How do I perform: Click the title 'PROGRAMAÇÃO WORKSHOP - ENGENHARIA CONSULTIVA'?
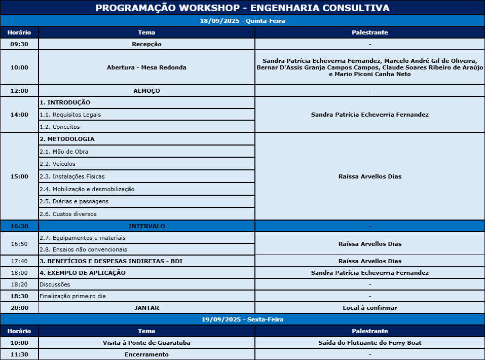(242, 8)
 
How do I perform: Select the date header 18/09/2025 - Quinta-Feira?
(242, 21)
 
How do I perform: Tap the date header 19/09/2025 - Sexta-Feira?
(242, 319)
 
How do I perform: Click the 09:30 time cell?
(19, 44)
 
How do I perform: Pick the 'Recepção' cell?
(146, 44)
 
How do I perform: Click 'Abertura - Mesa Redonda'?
(146, 67)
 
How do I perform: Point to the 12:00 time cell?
(19, 91)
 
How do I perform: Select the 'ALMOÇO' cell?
(146, 91)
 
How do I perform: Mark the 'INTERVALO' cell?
(146, 226)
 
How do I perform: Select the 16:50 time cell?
(19, 244)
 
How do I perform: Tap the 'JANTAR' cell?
(146, 308)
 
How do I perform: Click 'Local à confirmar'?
(369, 308)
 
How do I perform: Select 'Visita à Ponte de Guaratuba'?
(146, 343)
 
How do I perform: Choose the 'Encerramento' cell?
(146, 354)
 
